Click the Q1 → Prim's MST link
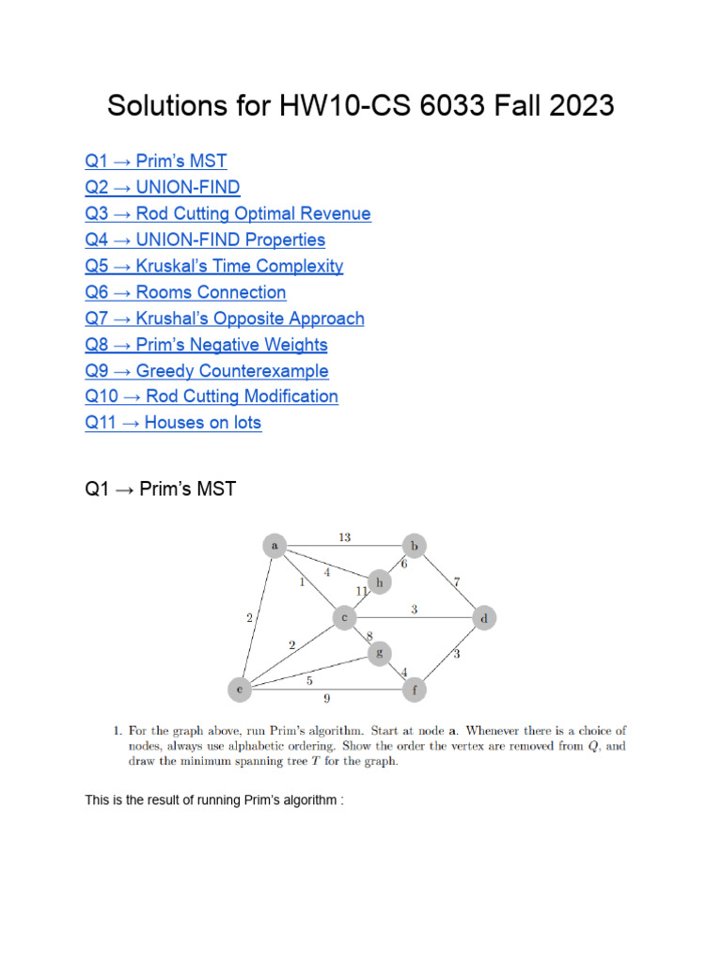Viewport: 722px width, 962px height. coord(155,161)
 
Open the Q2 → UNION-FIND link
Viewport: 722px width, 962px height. coord(162,187)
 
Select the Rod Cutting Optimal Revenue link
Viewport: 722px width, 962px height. coord(228,213)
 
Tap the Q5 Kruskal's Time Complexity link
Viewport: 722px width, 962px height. coord(213,266)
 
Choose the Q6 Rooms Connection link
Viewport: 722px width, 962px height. coord(185,292)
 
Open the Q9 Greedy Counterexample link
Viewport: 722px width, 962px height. coord(207,370)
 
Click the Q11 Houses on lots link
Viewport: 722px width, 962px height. coord(173,423)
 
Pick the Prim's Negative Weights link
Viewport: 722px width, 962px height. coord(206,345)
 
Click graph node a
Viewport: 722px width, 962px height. coord(275,545)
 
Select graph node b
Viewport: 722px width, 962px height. coord(414,545)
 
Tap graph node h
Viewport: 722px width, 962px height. coord(380,582)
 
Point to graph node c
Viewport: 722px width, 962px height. coord(345,617)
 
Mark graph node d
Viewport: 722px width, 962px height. coord(484,618)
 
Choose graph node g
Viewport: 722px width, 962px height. coord(379,652)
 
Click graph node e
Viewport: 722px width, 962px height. coord(240,690)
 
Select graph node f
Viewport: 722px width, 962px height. coord(414,690)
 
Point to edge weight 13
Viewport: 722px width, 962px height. coord(344,537)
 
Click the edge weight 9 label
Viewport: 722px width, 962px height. coord(328,699)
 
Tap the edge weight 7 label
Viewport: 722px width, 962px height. coord(456,582)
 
